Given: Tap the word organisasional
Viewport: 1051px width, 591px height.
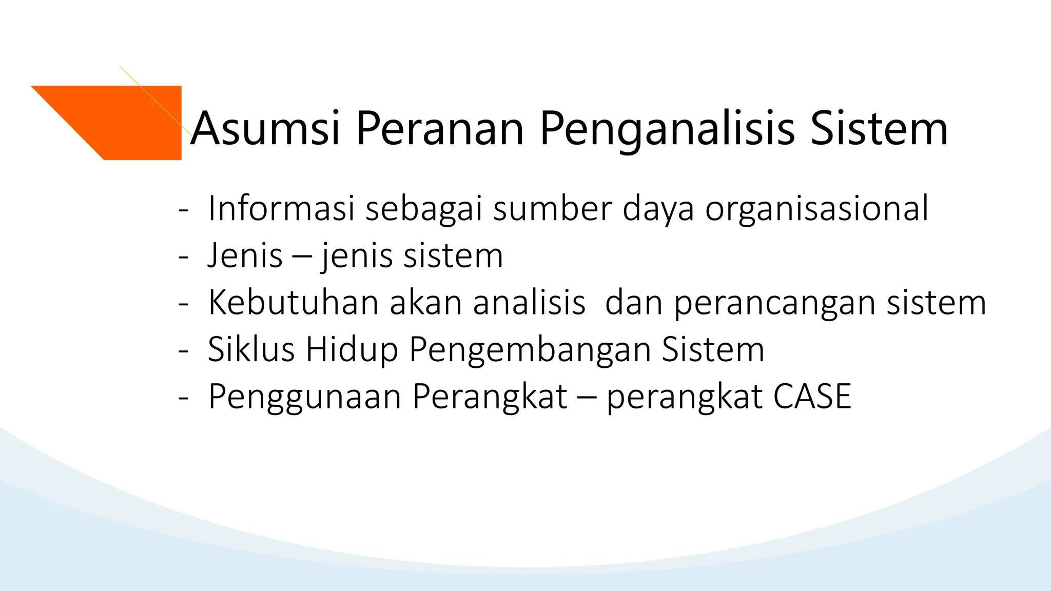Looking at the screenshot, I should pyautogui.click(x=816, y=209).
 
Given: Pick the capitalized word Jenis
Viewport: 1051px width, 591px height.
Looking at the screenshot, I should pyautogui.click(x=245, y=255).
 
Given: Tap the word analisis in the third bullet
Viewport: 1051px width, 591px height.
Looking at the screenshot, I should pyautogui.click(x=529, y=303).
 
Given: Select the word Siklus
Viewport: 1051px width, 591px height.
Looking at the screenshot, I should pyautogui.click(x=251, y=350).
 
